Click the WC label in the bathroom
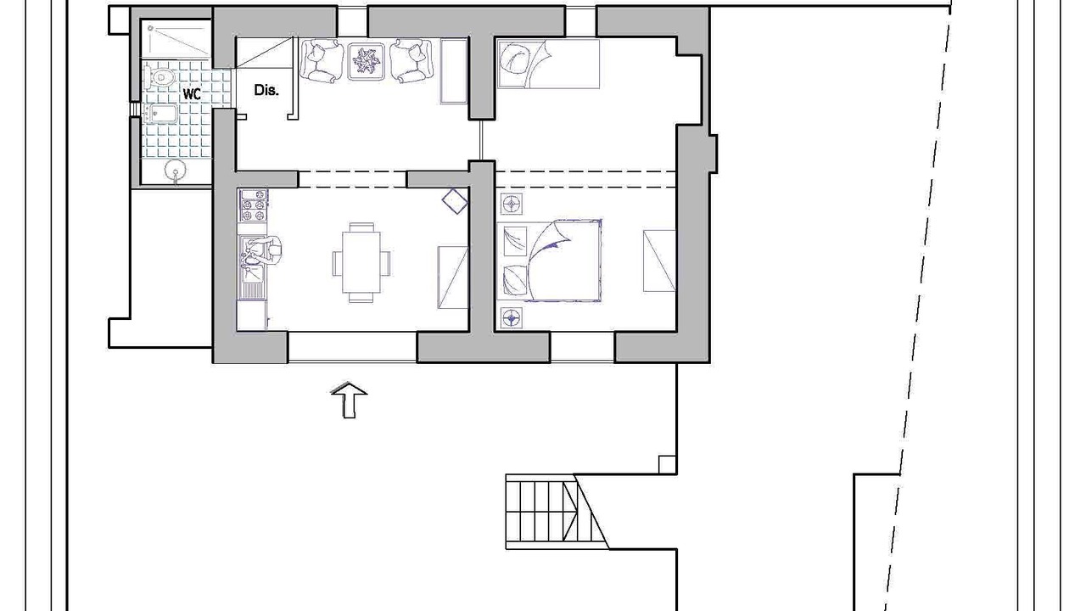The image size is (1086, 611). [192, 94]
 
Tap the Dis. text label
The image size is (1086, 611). [266, 90]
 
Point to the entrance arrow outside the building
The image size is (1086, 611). [349, 400]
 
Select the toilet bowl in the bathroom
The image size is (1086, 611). [160, 77]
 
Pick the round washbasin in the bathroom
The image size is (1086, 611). [175, 171]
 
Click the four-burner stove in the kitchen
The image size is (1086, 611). [254, 205]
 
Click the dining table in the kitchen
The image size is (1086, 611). [361, 262]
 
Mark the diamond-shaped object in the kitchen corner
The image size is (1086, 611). [456, 201]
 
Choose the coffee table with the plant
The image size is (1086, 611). [367, 61]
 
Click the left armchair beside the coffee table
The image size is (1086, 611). [322, 61]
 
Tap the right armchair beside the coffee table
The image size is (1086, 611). [411, 61]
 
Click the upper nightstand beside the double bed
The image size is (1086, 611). [512, 205]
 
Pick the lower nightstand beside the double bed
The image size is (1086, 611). [512, 318]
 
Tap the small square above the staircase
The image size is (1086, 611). [667, 464]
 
